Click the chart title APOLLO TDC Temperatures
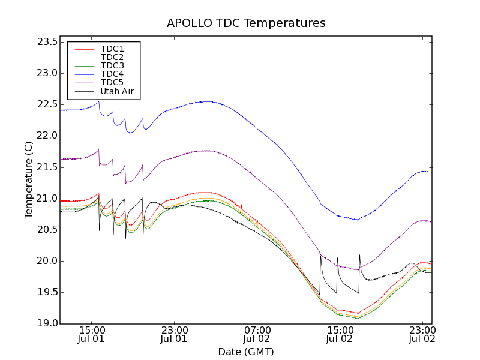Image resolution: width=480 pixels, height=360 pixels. (246, 23)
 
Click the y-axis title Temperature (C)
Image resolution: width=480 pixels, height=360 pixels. (29, 179)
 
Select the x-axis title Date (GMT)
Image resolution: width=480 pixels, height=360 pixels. (246, 352)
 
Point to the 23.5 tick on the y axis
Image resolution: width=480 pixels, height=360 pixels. (46, 42)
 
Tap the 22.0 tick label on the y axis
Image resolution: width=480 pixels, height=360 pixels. (46, 136)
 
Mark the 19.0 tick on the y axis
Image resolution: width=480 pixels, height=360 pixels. (46, 323)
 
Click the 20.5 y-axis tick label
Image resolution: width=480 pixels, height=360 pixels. (46, 230)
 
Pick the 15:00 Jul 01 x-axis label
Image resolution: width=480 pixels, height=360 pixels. (92, 334)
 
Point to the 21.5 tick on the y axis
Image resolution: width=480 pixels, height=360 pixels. (46, 167)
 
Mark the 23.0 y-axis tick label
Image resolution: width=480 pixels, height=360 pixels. (46, 73)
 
